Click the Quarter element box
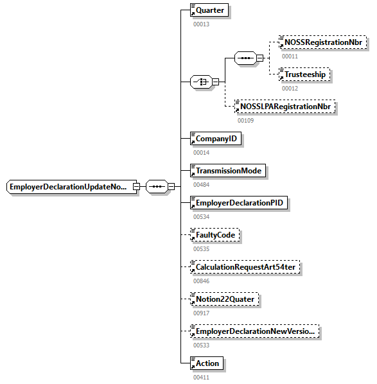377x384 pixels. (x=209, y=10)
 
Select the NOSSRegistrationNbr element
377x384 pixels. (x=322, y=42)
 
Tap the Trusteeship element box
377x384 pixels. (x=304, y=74)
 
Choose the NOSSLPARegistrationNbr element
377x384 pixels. (x=286, y=107)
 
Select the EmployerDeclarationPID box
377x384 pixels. (x=239, y=203)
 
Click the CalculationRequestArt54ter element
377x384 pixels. (x=245, y=267)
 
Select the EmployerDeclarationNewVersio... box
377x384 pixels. (x=254, y=331)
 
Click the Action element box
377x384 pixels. (x=206, y=363)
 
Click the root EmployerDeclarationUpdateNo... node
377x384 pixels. (x=71, y=187)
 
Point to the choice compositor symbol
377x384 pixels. (x=202, y=82)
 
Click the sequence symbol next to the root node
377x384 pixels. (x=157, y=187)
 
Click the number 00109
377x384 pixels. (x=245, y=120)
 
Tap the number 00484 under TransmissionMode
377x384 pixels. (x=201, y=184)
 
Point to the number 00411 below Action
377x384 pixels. (x=201, y=377)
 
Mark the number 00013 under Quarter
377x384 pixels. (x=201, y=24)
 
